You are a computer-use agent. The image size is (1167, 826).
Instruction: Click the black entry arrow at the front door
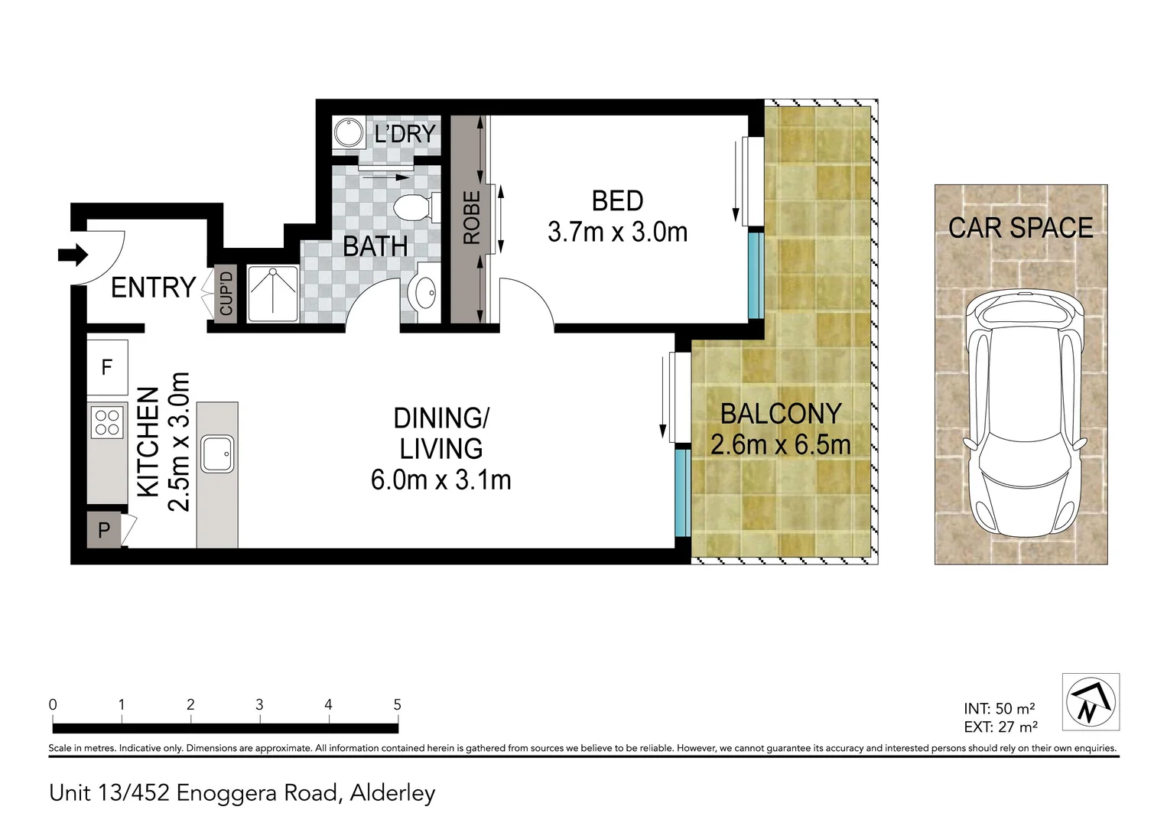(73, 255)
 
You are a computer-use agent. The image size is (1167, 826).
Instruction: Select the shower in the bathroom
(272, 294)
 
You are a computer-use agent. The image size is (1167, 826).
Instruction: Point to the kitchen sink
(217, 454)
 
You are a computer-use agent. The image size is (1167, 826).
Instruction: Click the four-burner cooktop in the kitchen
(107, 422)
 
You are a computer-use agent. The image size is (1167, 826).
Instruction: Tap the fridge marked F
(107, 367)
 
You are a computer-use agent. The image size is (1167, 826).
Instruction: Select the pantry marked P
(104, 530)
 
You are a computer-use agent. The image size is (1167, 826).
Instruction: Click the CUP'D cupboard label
(226, 294)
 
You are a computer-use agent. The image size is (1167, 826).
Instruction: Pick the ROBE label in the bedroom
(472, 218)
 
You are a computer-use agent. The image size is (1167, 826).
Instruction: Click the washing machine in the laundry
(349, 132)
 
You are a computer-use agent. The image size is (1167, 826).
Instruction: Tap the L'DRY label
(405, 135)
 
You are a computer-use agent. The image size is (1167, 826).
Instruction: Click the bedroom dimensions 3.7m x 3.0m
(617, 232)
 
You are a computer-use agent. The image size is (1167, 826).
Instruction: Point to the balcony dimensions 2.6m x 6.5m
(781, 444)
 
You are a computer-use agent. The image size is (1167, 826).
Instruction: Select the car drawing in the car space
(1025, 415)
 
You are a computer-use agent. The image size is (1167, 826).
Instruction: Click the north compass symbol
(1091, 701)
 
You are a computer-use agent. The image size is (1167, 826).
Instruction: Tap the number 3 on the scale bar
(259, 705)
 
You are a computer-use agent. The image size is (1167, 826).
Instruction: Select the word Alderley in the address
(392, 794)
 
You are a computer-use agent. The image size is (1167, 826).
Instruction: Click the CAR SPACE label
(1021, 228)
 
